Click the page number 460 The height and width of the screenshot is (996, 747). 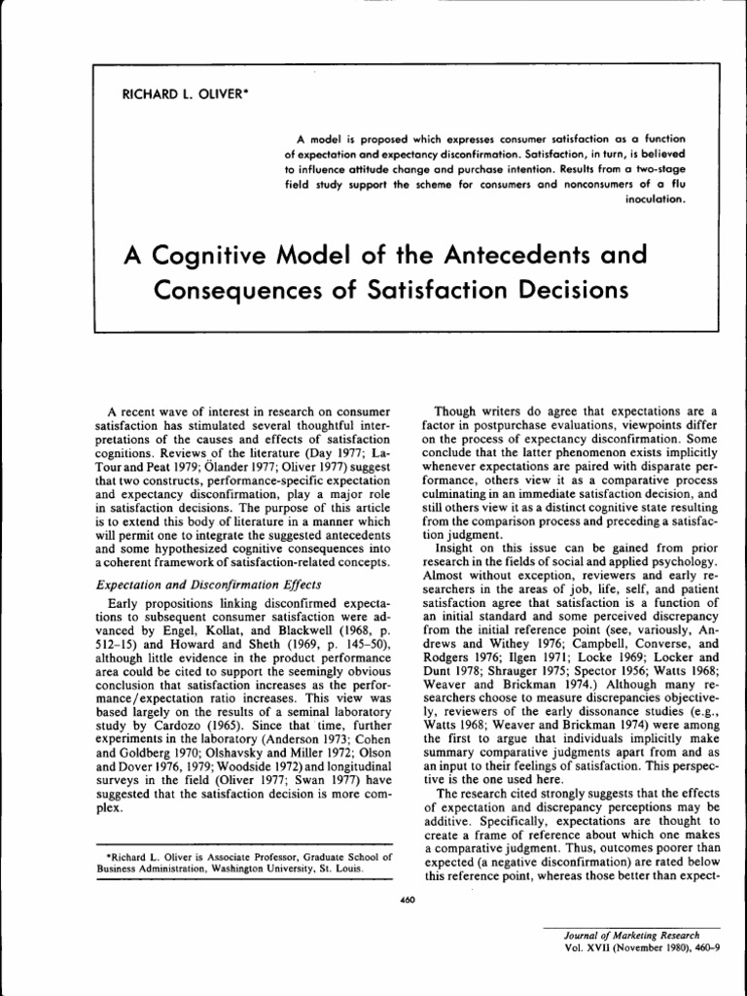(408, 901)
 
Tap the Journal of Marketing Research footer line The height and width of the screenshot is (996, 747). (624, 935)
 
